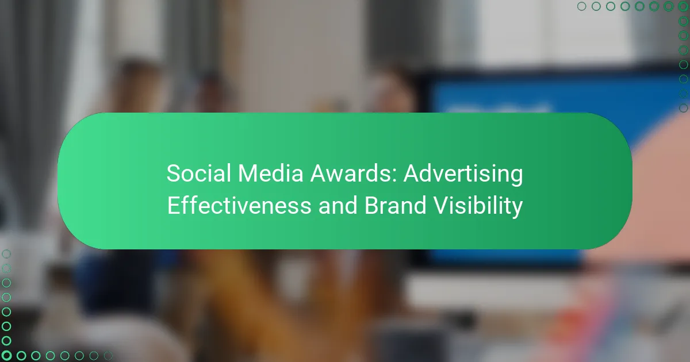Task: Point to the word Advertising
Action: [463, 174]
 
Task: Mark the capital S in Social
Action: [172, 173]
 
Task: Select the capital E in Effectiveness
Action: [172, 206]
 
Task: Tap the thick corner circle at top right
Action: [683, 6]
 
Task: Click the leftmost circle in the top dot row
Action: [581, 6]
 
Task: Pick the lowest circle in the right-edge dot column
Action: [683, 107]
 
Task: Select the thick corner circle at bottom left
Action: [6, 355]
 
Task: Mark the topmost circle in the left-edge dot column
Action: [6, 253]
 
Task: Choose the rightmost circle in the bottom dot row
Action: [108, 355]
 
